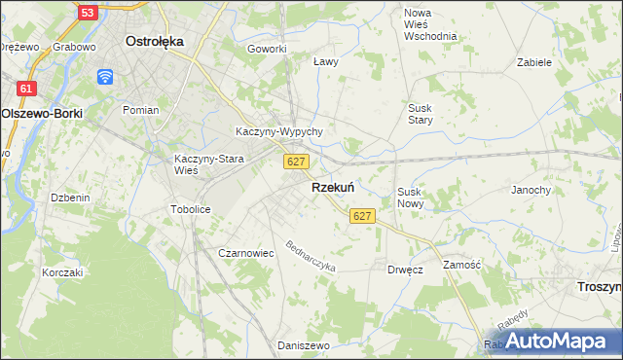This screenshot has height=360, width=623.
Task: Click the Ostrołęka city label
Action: coord(155,42)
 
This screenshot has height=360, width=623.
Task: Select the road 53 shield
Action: coord(87,13)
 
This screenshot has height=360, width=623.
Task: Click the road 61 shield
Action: coord(26,89)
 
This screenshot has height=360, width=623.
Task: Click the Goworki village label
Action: coord(267,49)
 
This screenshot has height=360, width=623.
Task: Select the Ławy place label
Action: coord(326,61)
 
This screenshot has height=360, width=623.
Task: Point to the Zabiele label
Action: coord(534,61)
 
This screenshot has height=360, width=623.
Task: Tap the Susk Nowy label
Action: coord(409,198)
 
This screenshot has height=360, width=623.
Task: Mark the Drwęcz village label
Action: coord(404,270)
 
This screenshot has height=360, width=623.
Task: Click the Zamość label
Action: coord(462,265)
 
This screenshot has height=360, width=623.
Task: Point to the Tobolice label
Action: coord(190,209)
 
